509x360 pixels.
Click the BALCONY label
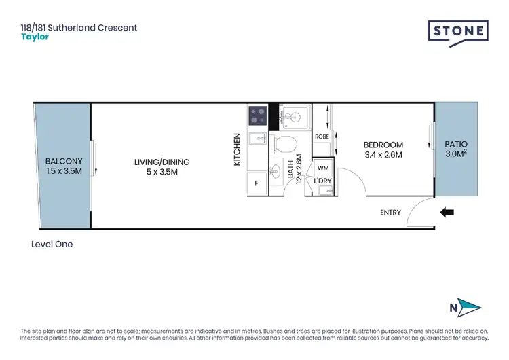tap(64, 161)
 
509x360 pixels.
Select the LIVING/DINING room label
tap(162, 162)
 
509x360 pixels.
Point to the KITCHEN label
tap(238, 149)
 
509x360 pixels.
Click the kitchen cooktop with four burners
tap(258, 115)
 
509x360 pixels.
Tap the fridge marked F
tap(257, 183)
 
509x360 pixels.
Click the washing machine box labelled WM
tap(322, 168)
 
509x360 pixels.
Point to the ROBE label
tap(322, 137)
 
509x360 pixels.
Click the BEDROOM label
tap(383, 145)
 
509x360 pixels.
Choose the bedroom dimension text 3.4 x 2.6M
tap(383, 155)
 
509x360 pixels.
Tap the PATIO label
tap(455, 145)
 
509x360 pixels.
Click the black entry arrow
tap(447, 213)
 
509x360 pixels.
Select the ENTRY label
tap(390, 213)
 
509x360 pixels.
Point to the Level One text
tap(52, 245)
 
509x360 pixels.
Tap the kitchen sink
tap(258, 139)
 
